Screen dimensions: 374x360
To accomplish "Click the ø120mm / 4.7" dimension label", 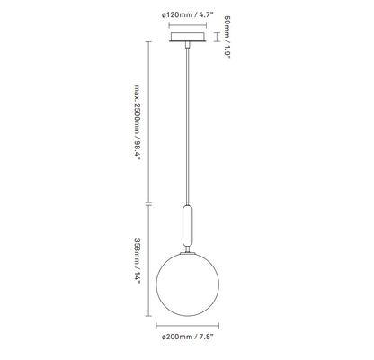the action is pyautogui.click(x=188, y=14).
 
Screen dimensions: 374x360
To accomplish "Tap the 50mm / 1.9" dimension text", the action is pyautogui.click(x=227, y=38).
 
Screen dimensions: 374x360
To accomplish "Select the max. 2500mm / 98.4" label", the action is pyautogui.click(x=137, y=122).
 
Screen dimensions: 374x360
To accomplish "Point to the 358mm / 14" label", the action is pyautogui.click(x=137, y=261).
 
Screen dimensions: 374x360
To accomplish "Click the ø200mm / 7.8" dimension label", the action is pyautogui.click(x=188, y=337).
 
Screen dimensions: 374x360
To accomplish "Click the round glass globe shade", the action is pyautogui.click(x=188, y=284).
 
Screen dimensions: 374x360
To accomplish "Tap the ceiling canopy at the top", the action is pyautogui.click(x=188, y=37).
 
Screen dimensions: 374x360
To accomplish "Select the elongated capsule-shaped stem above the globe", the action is pyautogui.click(x=188, y=225).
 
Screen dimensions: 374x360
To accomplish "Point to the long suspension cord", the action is pyautogui.click(x=188, y=126).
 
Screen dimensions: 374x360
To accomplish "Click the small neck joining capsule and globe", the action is pyautogui.click(x=188, y=249).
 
